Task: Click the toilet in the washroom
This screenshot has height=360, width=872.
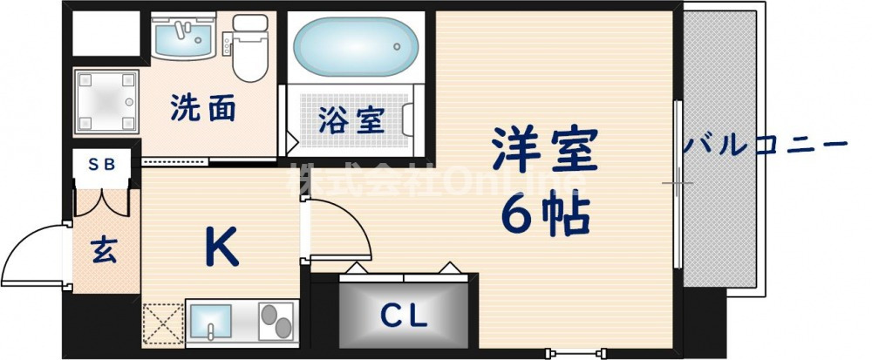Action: pos(250,47)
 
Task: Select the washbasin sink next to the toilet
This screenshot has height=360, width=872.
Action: pos(183,36)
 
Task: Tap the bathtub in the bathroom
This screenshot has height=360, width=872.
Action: pos(356,47)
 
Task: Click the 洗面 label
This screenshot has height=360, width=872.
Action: pos(203,108)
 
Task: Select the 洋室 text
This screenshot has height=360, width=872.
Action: pos(544,148)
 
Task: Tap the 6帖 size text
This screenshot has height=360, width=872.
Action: pos(545,215)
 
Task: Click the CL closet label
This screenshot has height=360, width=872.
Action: pos(404,316)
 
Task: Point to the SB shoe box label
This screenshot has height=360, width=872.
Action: pos(102,164)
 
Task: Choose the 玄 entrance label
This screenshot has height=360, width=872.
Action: pos(104,250)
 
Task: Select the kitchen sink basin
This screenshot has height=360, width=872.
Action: pos(211,323)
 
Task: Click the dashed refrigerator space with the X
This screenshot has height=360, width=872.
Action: pos(164,324)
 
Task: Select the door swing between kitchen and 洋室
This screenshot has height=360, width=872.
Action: pos(337,230)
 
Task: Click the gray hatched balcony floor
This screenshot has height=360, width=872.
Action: pos(719,149)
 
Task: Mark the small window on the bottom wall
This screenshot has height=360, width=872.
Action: pos(576,352)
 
